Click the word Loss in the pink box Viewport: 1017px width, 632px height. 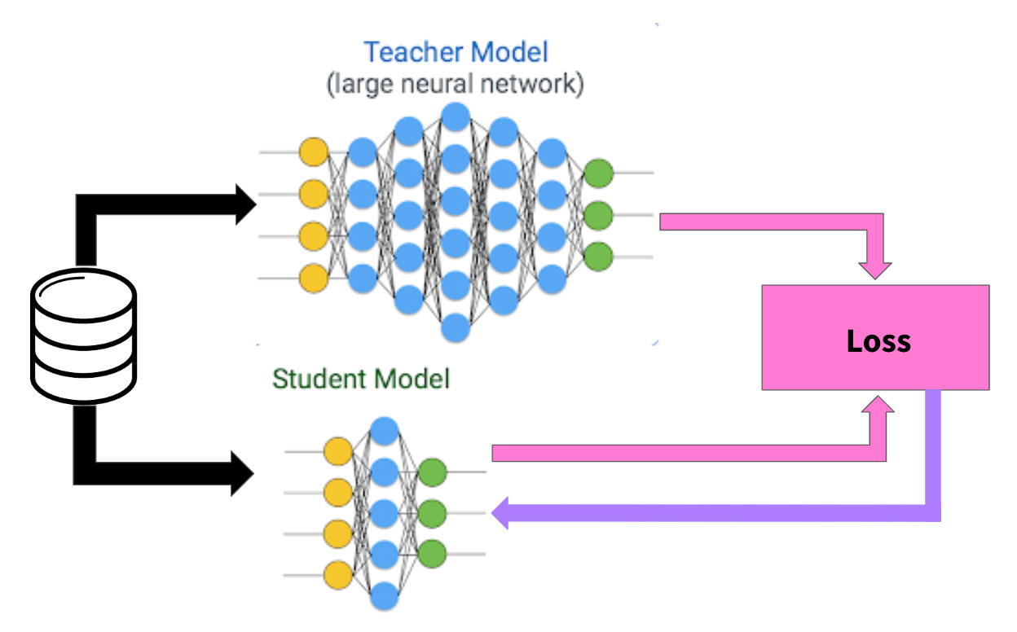(x=878, y=340)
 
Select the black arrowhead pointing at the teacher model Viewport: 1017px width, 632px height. (x=245, y=204)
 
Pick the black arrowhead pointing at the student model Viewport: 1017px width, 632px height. (x=243, y=472)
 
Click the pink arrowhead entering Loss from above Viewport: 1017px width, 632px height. (x=876, y=270)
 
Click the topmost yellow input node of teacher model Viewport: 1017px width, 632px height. (x=314, y=152)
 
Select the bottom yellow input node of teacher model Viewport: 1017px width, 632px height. (x=314, y=278)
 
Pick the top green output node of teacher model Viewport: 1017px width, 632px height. (x=598, y=173)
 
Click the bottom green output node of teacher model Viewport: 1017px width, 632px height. (x=598, y=256)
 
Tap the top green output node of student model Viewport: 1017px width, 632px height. (x=432, y=472)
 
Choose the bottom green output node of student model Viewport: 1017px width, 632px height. (x=432, y=553)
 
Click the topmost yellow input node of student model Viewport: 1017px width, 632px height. (x=337, y=451)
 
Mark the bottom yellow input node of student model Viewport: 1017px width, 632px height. (x=337, y=575)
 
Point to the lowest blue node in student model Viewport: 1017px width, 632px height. (x=384, y=597)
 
